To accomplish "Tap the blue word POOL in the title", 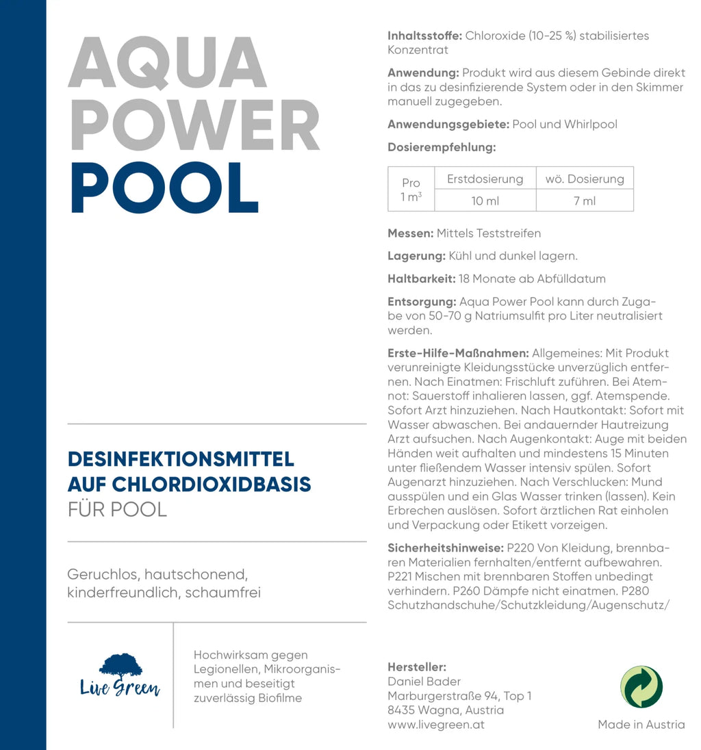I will (x=164, y=187).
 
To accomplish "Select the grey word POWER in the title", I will (x=194, y=126).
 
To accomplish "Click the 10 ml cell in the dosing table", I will (x=485, y=201).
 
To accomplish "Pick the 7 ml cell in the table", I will (x=585, y=201).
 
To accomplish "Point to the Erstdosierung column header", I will (x=485, y=179).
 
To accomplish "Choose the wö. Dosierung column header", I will (x=585, y=179).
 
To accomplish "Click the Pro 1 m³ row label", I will (x=411, y=190).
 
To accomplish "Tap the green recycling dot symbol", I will (x=641, y=686).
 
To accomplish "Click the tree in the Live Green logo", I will (x=120, y=666).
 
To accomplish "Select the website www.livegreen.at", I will (x=436, y=725).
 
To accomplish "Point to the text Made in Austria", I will (x=641, y=725).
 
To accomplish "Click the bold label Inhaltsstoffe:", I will (x=424, y=36).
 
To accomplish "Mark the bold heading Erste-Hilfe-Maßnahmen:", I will (x=458, y=353).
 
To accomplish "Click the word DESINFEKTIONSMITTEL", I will (x=181, y=458).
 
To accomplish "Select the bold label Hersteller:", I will (x=417, y=667).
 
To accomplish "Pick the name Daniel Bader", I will (x=424, y=682).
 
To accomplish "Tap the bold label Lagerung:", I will (x=416, y=256).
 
